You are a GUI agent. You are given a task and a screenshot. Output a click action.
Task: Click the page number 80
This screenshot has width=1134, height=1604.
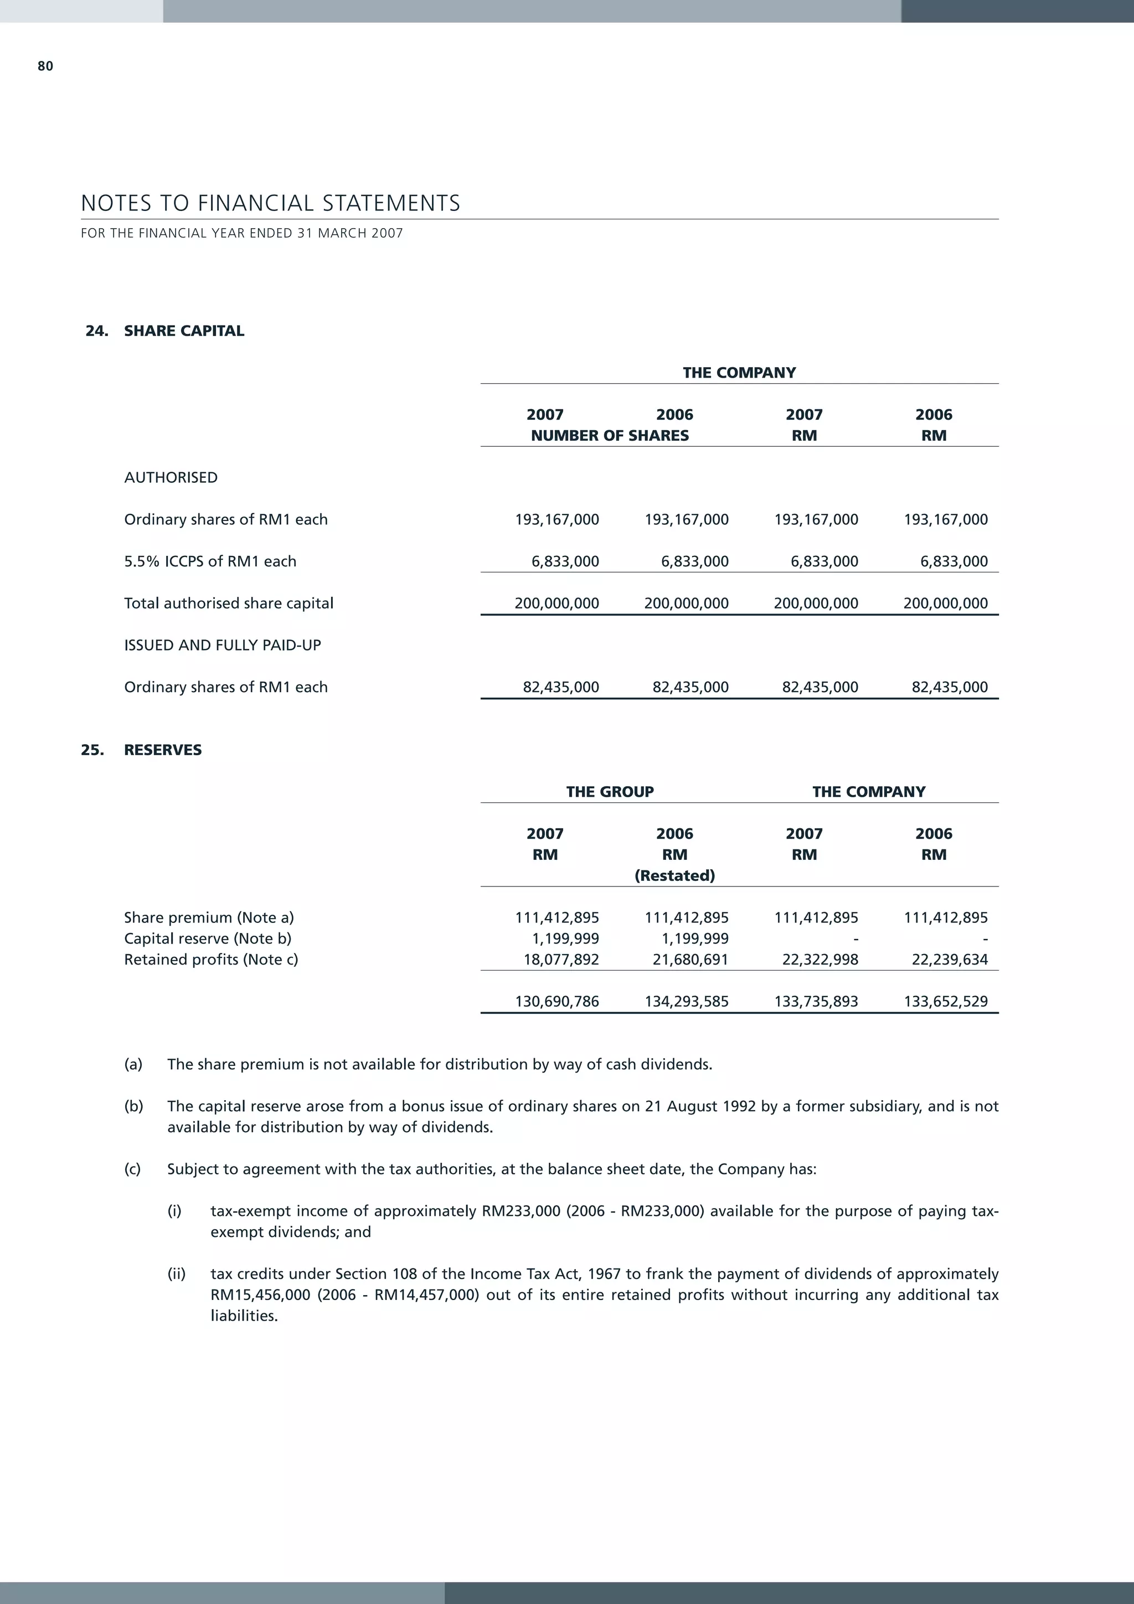(x=45, y=66)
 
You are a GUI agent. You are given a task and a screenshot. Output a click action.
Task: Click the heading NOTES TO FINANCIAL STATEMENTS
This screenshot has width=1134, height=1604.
(x=270, y=203)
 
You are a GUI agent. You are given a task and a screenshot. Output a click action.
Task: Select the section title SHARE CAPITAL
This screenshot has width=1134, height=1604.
(x=184, y=331)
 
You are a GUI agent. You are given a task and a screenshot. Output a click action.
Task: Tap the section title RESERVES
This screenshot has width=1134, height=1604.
(x=163, y=750)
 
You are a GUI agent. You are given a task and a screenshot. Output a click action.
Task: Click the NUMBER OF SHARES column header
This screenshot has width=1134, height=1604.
(x=609, y=436)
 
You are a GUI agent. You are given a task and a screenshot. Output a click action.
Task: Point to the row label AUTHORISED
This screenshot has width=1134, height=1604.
(x=171, y=478)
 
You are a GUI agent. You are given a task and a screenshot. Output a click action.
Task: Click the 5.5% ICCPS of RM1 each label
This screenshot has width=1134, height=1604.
(x=210, y=561)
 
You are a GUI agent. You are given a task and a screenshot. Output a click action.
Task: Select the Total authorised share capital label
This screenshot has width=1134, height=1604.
(x=229, y=604)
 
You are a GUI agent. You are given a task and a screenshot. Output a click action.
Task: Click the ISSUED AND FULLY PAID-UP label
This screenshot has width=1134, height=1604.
(x=222, y=646)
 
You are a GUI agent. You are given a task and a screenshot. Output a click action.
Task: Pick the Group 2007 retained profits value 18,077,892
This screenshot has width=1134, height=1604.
(x=561, y=960)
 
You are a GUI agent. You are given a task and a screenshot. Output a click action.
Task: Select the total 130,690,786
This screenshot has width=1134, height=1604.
(x=557, y=1002)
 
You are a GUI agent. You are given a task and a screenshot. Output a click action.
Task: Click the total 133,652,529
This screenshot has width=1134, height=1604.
(x=945, y=1002)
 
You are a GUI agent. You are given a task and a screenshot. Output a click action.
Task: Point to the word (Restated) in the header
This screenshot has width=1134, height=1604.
(x=674, y=876)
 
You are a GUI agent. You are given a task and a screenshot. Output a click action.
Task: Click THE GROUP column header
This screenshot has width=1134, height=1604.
(x=609, y=792)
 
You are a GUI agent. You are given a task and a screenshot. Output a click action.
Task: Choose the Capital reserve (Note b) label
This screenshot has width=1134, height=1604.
(x=208, y=939)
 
